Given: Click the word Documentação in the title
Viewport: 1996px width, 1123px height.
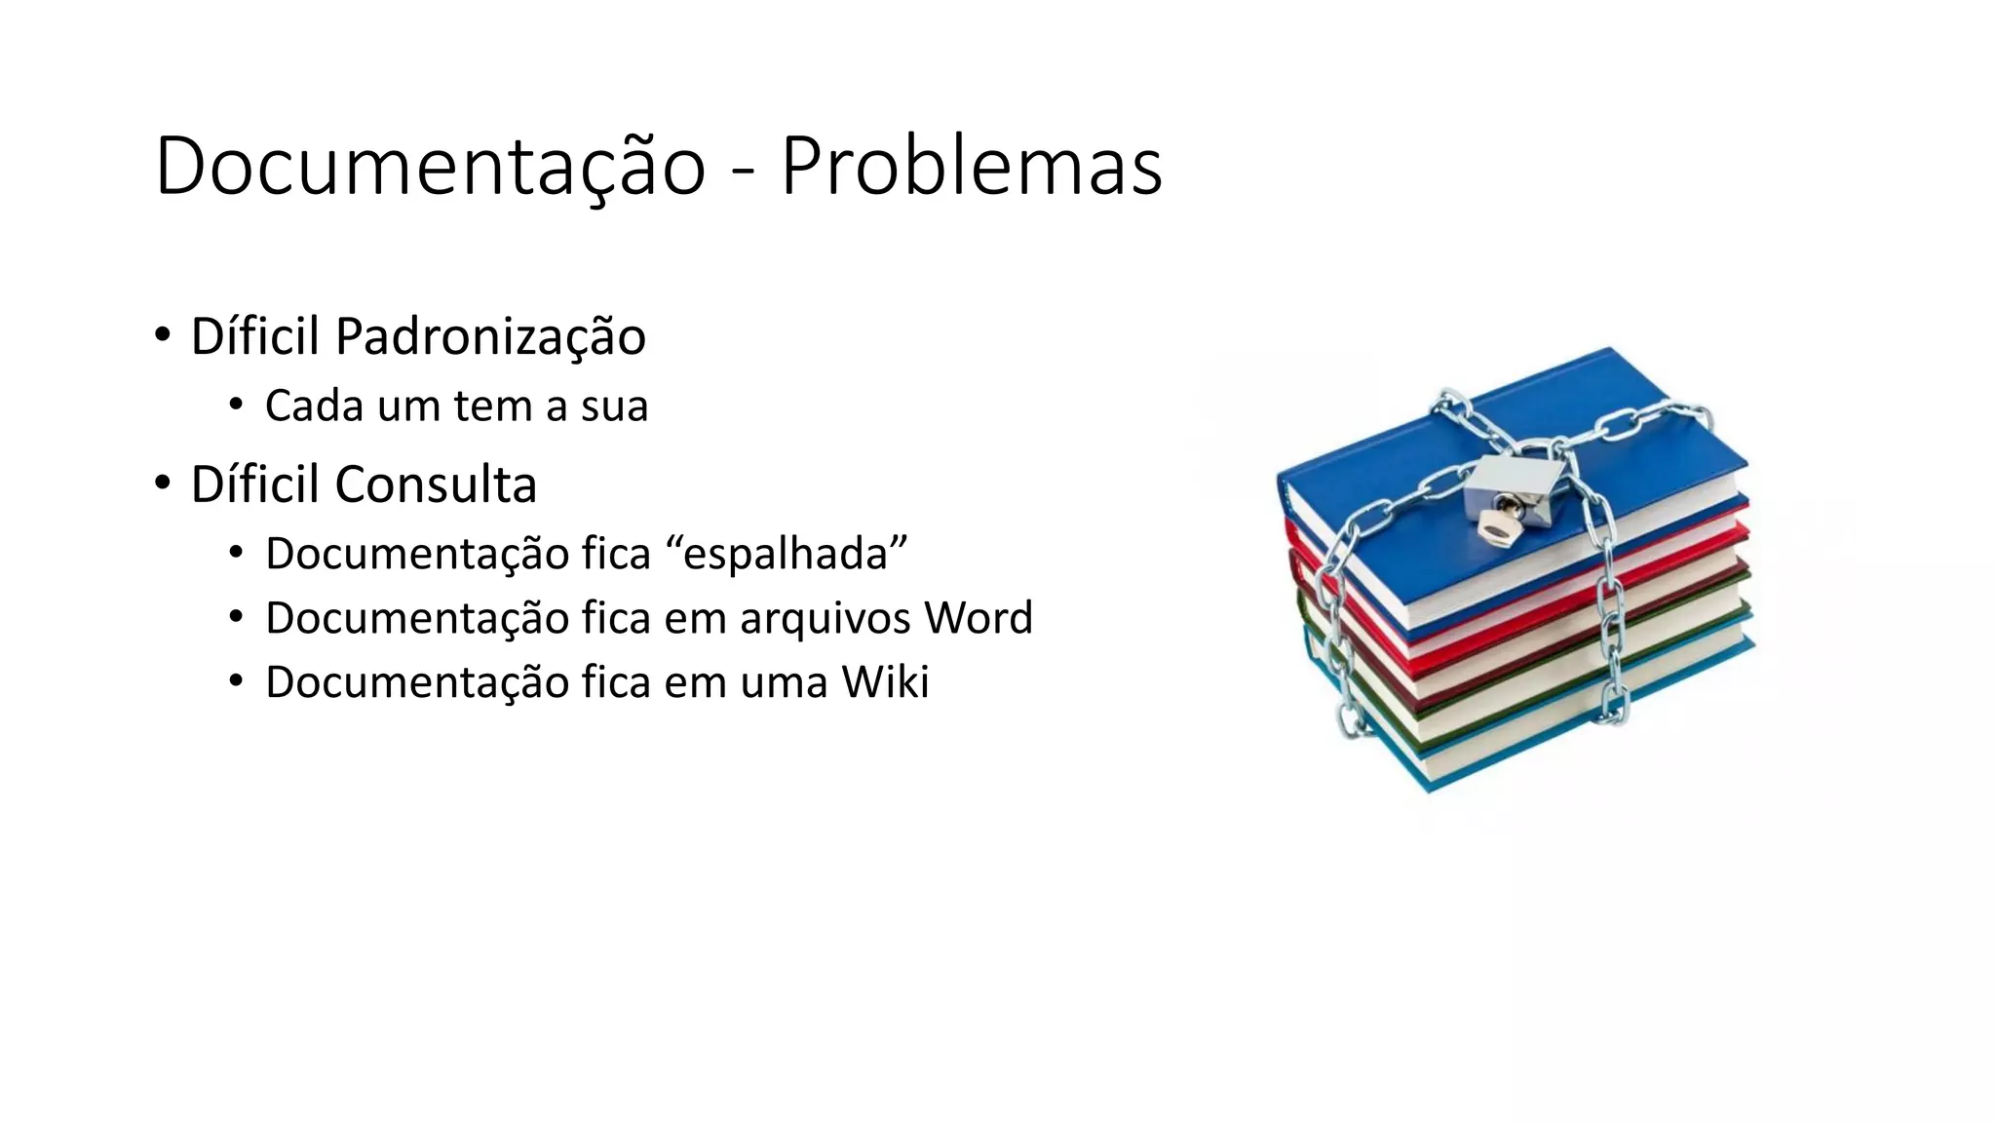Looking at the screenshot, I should [430, 166].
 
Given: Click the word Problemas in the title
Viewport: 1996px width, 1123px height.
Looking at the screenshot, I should [971, 166].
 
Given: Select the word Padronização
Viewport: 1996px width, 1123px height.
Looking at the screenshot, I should [490, 336].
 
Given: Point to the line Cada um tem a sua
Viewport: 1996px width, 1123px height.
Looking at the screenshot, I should [456, 406].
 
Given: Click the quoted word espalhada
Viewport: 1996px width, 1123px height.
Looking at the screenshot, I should [786, 554].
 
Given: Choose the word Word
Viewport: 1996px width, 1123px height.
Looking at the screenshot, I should [978, 618].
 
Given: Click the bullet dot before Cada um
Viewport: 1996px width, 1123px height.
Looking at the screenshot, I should [236, 406].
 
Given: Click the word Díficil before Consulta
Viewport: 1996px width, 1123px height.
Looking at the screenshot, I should [254, 484].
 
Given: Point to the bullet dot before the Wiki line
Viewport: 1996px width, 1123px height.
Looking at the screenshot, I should [236, 681].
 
